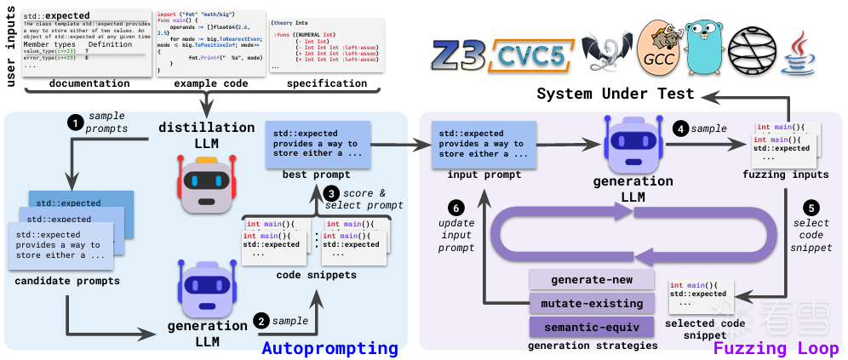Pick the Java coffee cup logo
click(803, 53)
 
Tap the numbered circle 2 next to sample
click(262, 322)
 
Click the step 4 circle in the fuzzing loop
click(680, 129)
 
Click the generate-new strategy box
click(591, 279)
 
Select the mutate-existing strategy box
click(591, 302)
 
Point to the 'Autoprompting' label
click(329, 349)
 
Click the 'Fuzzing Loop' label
click(776, 349)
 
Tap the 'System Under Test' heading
click(615, 94)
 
